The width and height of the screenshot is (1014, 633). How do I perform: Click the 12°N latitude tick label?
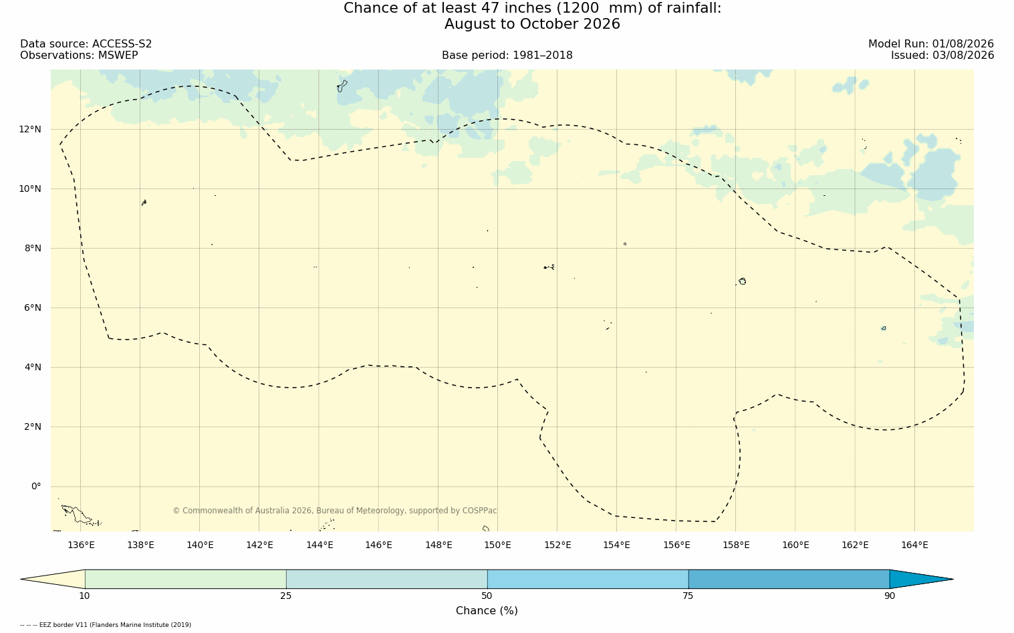coord(30,130)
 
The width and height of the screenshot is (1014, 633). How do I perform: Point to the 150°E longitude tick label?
coord(497,545)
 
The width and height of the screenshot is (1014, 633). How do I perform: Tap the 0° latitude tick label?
coord(36,487)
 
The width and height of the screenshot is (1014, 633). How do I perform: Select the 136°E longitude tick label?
coord(81,545)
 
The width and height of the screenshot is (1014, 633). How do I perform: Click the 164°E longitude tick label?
coord(914,545)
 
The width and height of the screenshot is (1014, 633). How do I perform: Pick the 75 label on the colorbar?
coord(688,596)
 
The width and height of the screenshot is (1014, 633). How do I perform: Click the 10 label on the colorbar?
coord(85,596)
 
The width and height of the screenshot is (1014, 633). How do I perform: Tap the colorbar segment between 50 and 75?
coord(588,579)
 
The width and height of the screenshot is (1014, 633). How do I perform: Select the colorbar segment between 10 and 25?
coord(186,579)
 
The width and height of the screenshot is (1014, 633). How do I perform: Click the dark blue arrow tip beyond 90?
coord(953,579)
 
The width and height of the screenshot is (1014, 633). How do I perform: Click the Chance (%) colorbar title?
coord(487,611)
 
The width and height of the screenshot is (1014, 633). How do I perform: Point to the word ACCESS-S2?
coord(122,44)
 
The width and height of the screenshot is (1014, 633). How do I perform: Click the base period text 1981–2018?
coord(542,55)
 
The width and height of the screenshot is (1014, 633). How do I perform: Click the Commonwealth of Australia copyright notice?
coord(334,511)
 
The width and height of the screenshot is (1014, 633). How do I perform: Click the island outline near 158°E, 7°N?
coord(743,281)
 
